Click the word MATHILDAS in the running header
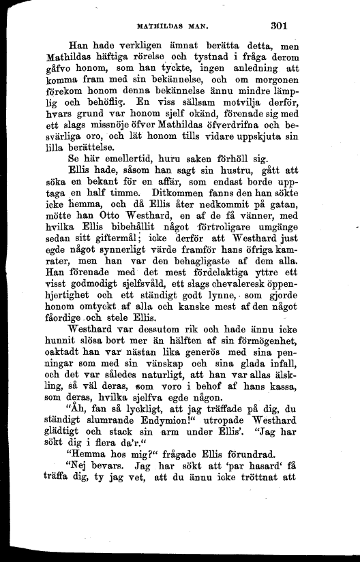(x=163, y=29)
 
